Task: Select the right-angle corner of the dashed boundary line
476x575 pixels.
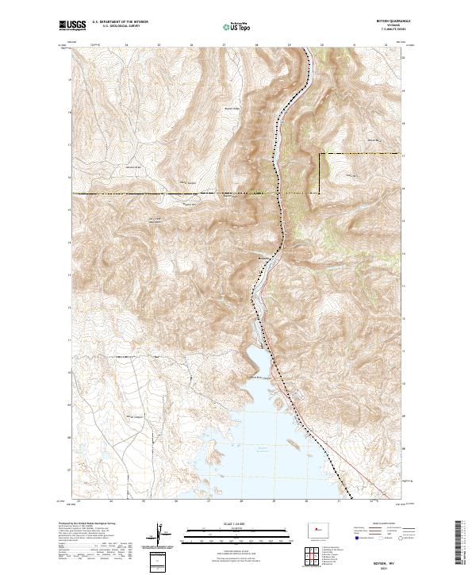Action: click(x=321, y=153)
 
